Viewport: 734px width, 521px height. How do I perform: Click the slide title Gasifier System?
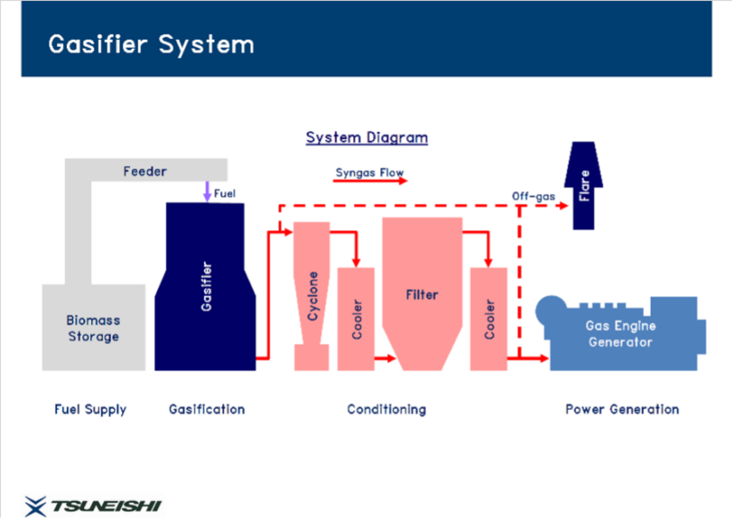tap(151, 44)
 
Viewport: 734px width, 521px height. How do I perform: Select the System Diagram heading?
tap(366, 137)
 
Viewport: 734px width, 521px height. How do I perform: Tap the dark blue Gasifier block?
tap(206, 287)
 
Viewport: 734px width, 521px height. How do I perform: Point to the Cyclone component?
tap(312, 295)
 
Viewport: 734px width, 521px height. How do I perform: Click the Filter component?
tap(422, 294)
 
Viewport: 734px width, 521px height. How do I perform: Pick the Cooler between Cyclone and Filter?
tap(356, 318)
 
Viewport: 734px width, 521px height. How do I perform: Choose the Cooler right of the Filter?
tap(488, 318)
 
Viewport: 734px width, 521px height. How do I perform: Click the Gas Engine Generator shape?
tap(621, 334)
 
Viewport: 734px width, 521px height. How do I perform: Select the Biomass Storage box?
tap(94, 327)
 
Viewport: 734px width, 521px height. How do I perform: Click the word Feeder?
tap(145, 171)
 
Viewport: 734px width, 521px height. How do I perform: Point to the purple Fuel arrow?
tap(206, 191)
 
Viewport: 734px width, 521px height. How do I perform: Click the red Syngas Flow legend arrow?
tap(370, 182)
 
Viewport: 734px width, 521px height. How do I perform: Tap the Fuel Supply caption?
tap(90, 409)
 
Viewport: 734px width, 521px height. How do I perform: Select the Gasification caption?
tap(206, 409)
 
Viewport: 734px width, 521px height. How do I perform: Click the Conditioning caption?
tap(386, 409)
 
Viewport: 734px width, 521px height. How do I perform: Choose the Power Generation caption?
tap(622, 409)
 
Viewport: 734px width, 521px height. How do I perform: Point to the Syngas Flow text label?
tap(370, 172)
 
